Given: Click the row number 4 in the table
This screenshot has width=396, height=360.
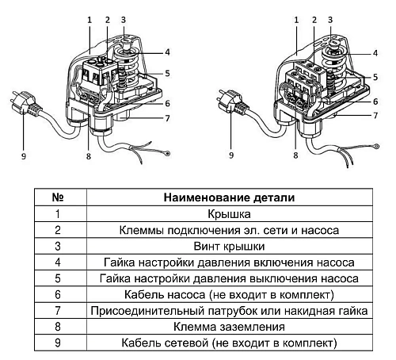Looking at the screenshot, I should [x=57, y=262].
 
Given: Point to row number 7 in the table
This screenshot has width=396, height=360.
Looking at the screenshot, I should [x=57, y=311].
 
